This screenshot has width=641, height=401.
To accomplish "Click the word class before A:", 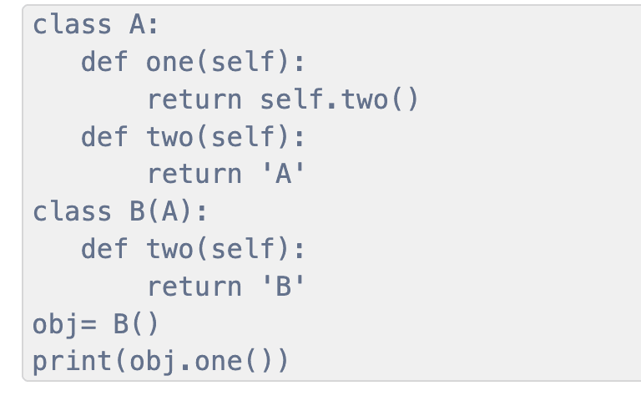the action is coord(72,25).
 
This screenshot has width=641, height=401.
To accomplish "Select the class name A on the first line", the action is coord(137,25).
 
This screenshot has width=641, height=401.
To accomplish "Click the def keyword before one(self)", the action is coord(104,62).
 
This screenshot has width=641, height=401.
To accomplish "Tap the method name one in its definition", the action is coord(170,63).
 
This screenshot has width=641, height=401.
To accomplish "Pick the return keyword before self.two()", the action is coord(194,100).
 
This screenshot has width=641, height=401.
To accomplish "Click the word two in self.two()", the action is coord(364,100).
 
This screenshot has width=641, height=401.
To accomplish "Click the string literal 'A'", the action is coord(284,174).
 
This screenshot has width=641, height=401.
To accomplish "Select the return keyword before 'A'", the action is coord(194,175).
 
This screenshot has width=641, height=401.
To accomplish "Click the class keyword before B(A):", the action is coord(72,212).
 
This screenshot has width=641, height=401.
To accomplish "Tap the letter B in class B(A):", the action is coord(137,212).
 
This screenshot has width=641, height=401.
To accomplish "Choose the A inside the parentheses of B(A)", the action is coord(169,212).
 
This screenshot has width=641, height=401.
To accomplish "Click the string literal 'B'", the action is coord(284,286).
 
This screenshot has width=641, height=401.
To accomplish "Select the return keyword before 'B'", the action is coord(194,287).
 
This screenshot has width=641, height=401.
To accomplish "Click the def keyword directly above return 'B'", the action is coord(104,249).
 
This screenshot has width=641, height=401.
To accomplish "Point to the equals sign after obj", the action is coord(88,325).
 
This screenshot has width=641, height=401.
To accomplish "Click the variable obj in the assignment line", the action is coord(55,325).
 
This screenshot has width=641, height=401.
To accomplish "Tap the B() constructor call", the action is coord(136,324).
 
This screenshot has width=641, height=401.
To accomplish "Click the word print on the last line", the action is coord(72,362).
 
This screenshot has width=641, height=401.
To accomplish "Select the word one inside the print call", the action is coord(219,362).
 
